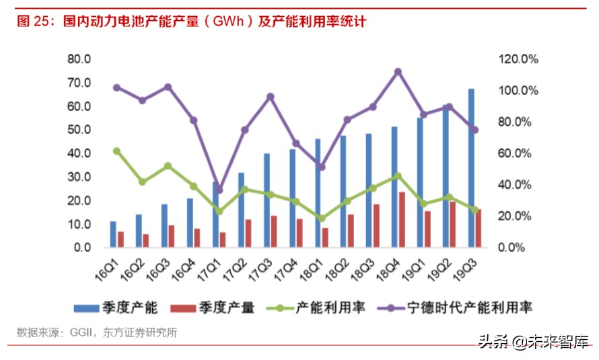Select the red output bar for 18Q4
pos(402,219)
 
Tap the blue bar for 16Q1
pos(113,233)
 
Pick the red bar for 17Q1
pos(223,239)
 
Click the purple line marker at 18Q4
pos(398,71)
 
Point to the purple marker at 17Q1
pos(219,190)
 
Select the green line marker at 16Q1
pos(116,151)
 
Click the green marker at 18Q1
pos(322,219)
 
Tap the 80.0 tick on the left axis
pos(79,59)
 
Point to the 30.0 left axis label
pos(79,177)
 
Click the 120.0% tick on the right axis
pos(518,59)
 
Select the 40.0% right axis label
pos(518,185)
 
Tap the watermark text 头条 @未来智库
pos(532,342)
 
